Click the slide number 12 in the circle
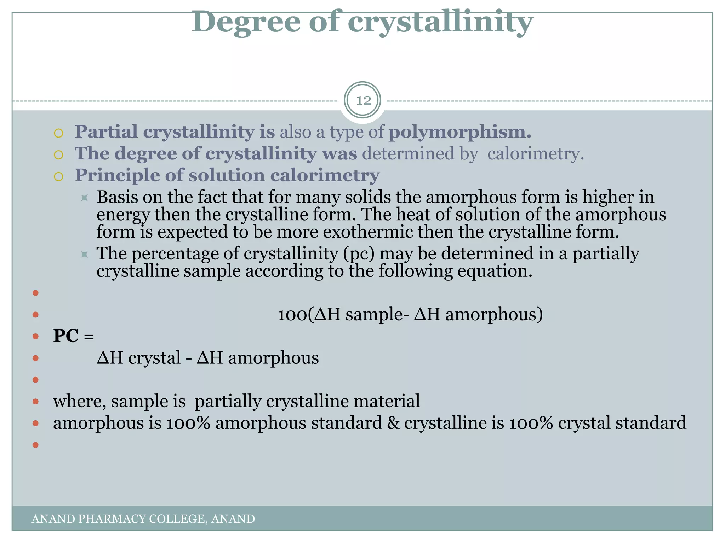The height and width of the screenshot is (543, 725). tap(363, 100)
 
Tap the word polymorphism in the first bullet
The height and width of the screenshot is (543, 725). tap(459, 132)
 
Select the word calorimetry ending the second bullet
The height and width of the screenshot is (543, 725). tap(535, 154)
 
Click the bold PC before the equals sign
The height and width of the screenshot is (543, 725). tap(66, 336)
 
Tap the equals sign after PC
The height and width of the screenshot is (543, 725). tap(89, 337)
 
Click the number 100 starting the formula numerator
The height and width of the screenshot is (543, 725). tap(292, 315)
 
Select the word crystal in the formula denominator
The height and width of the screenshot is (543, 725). tap(154, 358)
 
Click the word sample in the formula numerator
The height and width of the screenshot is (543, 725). tap(374, 315)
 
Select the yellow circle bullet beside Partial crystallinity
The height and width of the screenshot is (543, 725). tap(58, 133)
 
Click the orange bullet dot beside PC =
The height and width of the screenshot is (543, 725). tap(35, 336)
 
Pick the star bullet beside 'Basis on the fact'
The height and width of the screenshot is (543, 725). tap(84, 198)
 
